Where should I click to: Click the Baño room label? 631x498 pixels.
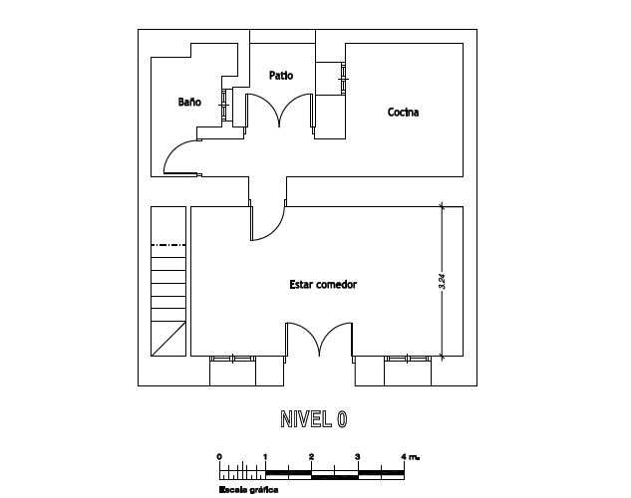point(189,102)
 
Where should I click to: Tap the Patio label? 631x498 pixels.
point(281,75)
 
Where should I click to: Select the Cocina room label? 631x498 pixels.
point(404,113)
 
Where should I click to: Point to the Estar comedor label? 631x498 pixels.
point(323,285)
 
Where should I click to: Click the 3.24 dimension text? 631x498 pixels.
point(443,281)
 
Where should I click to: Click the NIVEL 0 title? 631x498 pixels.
point(313,419)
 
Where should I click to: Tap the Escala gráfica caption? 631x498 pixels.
point(248,490)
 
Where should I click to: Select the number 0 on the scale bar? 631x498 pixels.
point(219,456)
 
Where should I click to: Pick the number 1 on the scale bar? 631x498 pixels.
point(265,456)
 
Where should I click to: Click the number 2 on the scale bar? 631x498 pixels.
point(311,456)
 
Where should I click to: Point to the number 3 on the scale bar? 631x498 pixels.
point(358,456)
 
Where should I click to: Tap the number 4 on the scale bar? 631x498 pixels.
point(404,456)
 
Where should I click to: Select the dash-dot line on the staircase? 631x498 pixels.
point(168,245)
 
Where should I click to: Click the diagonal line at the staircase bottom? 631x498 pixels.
point(168,339)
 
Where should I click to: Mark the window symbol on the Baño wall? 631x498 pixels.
point(224,105)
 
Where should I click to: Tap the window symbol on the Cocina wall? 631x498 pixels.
point(343,79)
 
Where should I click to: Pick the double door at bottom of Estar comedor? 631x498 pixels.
point(319,339)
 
